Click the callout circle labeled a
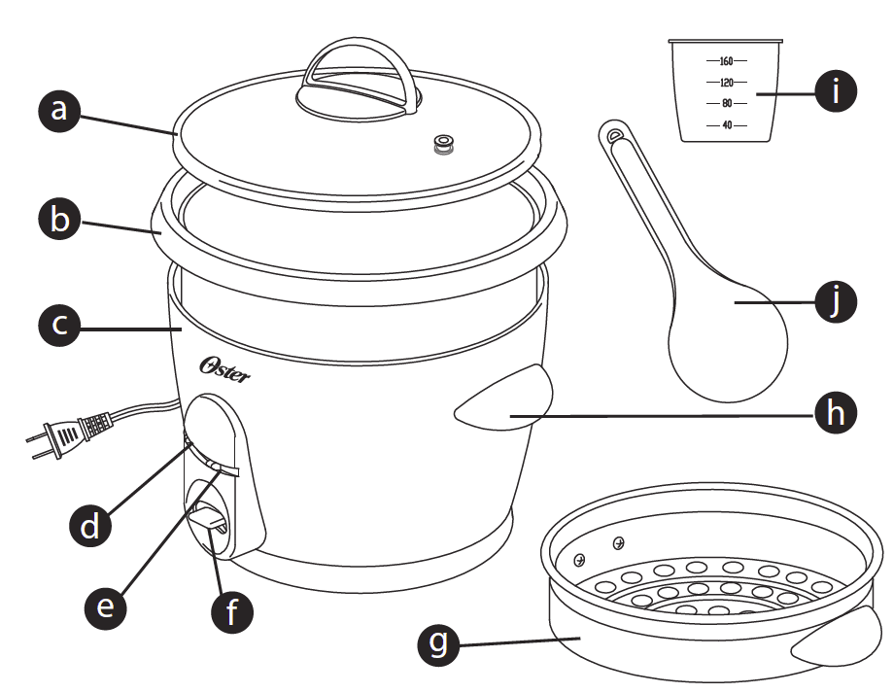(x=60, y=109)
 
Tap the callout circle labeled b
(x=60, y=219)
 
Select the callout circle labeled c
(x=60, y=325)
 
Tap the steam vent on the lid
(x=446, y=146)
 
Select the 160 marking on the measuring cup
(x=726, y=61)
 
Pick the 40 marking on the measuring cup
(x=726, y=124)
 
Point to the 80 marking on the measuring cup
(x=726, y=103)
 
